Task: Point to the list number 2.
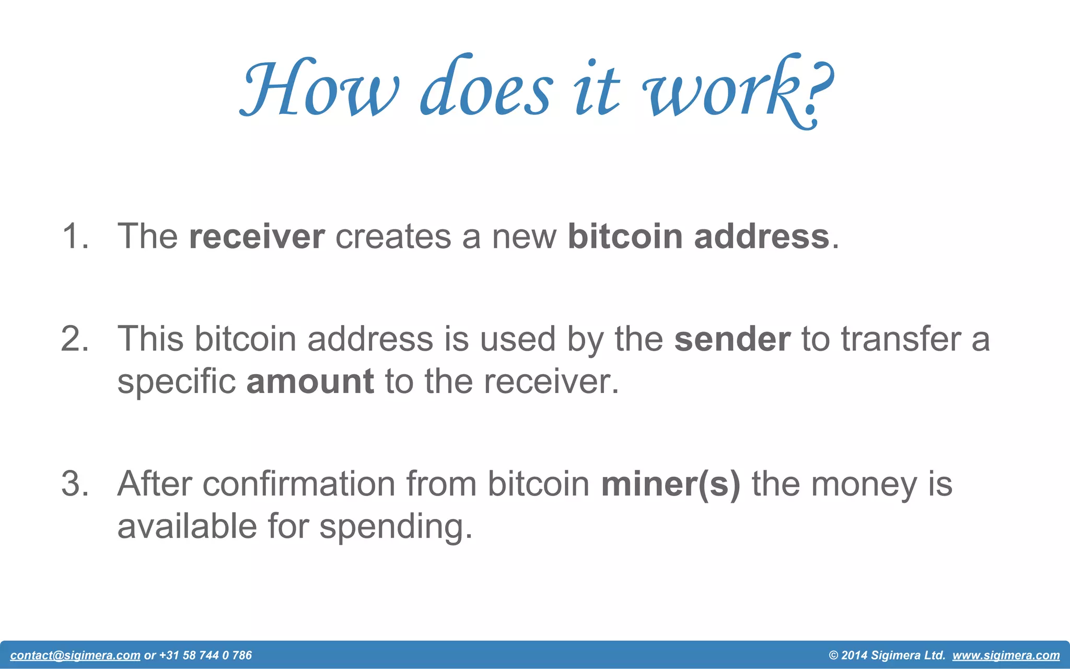click(x=75, y=339)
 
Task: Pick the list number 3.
click(x=75, y=484)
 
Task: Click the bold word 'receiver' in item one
click(x=257, y=236)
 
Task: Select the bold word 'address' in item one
click(x=761, y=236)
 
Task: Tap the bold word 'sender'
click(x=732, y=339)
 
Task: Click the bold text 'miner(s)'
click(x=671, y=484)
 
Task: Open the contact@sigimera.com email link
click(x=75, y=655)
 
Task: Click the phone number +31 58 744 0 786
click(x=205, y=655)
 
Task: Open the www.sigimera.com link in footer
click(x=1006, y=655)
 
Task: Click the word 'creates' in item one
click(x=393, y=236)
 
